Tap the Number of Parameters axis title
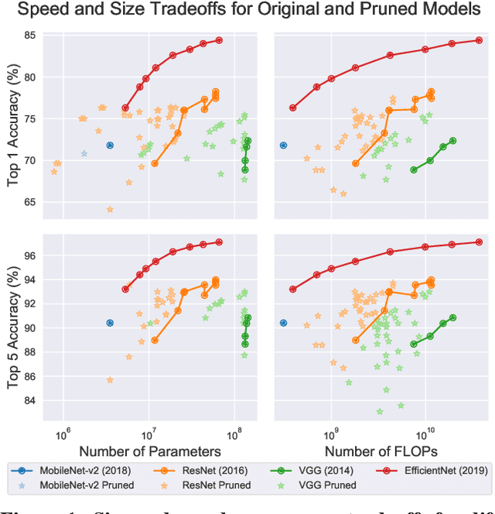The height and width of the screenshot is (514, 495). point(150,451)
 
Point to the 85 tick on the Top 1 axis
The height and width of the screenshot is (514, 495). point(31,36)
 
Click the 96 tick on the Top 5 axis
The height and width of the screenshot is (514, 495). point(31,255)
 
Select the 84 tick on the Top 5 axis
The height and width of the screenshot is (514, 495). point(31,401)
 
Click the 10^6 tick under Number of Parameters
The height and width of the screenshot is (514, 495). point(63,430)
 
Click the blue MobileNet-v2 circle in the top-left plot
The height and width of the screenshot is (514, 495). point(110,145)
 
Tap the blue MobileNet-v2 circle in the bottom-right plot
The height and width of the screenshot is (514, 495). point(283,323)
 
